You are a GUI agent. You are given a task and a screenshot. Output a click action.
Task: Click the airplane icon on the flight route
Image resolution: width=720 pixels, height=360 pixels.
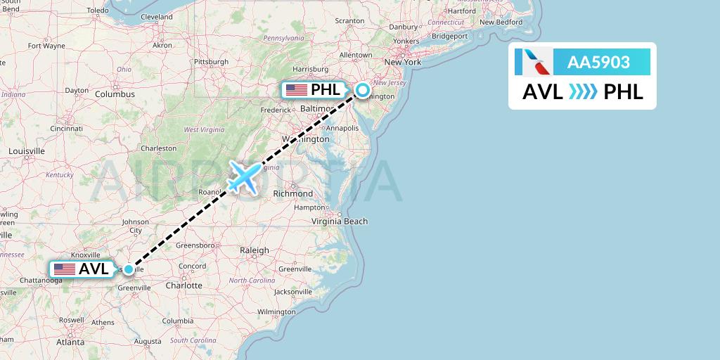[244, 176]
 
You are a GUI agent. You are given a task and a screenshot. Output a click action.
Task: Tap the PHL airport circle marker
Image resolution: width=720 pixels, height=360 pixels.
[362, 90]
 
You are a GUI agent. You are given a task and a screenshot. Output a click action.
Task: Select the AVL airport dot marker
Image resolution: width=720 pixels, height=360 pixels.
[129, 269]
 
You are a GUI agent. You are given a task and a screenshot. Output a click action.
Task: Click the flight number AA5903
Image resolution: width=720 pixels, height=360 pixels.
[598, 62]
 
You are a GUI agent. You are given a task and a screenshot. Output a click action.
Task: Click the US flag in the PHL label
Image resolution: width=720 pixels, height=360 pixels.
[296, 90]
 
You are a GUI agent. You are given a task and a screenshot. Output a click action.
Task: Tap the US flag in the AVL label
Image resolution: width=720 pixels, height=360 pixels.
[65, 269]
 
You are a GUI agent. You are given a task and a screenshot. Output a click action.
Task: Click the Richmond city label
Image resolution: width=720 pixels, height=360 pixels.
[292, 193]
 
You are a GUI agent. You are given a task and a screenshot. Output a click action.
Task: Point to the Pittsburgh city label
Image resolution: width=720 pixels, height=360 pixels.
[211, 62]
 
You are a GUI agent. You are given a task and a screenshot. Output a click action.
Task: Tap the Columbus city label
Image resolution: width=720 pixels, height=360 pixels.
[115, 94]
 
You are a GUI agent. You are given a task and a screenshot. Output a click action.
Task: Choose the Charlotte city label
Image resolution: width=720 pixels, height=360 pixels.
[183, 285]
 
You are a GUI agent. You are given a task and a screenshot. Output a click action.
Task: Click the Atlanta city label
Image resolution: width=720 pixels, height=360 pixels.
[70, 342]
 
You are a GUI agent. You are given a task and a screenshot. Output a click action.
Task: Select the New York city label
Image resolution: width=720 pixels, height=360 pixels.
[402, 62]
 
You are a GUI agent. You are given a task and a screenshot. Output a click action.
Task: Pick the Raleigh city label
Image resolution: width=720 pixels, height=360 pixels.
[255, 250]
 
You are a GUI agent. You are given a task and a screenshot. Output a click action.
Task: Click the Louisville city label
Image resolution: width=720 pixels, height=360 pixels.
[26, 151]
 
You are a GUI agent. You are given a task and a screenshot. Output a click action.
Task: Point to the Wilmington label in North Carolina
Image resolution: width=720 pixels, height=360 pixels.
[276, 311]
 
